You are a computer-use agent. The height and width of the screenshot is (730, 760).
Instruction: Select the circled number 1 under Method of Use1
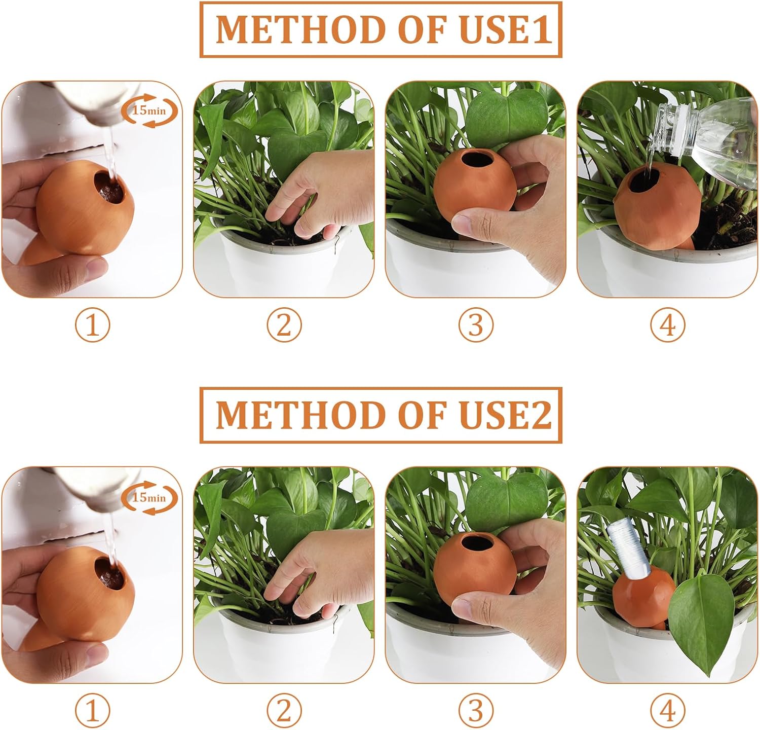click(93, 325)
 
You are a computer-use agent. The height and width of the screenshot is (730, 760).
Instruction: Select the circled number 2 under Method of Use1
click(284, 325)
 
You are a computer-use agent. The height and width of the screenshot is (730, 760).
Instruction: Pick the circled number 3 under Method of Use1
click(476, 325)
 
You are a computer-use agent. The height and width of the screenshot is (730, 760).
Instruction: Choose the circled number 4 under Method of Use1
click(668, 325)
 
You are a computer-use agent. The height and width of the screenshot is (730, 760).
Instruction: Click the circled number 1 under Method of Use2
click(93, 710)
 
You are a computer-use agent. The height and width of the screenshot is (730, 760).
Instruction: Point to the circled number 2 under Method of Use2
click(284, 710)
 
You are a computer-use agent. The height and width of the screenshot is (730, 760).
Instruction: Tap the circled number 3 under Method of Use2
click(476, 710)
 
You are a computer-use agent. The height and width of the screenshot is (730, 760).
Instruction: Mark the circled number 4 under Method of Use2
click(668, 710)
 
